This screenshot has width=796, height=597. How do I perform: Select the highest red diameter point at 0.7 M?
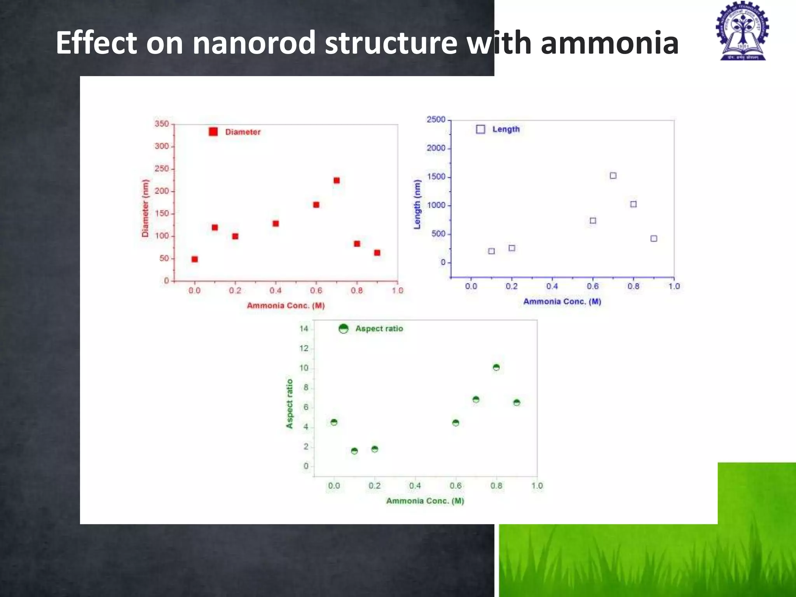pyautogui.click(x=337, y=180)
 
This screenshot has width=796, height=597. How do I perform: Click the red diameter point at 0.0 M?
pyautogui.click(x=195, y=259)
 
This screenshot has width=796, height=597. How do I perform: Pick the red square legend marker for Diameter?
pyautogui.click(x=213, y=132)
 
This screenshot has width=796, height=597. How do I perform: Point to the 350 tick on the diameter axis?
pyautogui.click(x=162, y=124)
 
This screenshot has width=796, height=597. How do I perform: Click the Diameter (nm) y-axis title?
pyautogui.click(x=145, y=208)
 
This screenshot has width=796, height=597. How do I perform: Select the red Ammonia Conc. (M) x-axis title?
pyautogui.click(x=286, y=305)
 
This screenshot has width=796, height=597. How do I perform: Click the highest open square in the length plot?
pyautogui.click(x=613, y=176)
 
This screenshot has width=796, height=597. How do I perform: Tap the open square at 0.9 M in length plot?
pyautogui.click(x=654, y=239)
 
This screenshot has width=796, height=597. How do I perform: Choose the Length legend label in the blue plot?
pyautogui.click(x=506, y=129)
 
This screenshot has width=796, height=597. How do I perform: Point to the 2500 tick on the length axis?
pyautogui.click(x=436, y=120)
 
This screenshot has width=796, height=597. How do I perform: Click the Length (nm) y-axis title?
pyautogui.click(x=417, y=204)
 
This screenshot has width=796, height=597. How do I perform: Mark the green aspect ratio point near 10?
pyautogui.click(x=496, y=367)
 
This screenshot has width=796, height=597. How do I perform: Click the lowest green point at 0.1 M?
pyautogui.click(x=354, y=451)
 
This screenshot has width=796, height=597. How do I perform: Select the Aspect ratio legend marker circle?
pyautogui.click(x=343, y=329)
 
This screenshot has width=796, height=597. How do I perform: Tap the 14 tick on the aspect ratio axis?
pyautogui.click(x=304, y=329)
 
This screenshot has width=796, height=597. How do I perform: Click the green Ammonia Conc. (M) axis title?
pyautogui.click(x=425, y=501)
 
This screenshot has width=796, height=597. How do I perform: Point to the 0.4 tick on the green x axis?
pyautogui.click(x=415, y=486)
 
